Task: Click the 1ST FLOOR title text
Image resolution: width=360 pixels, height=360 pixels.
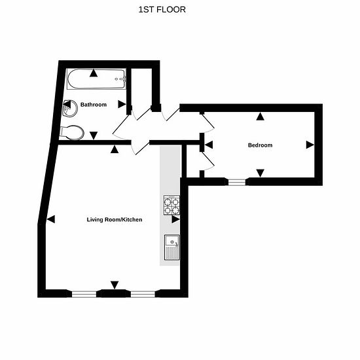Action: coord(162,9)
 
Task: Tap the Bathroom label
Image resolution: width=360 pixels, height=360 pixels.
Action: coord(94,105)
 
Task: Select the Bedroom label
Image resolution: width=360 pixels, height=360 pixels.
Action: coord(260,145)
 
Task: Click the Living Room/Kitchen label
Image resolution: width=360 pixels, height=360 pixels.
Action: coord(115,219)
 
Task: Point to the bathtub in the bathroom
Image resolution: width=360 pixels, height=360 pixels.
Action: coord(96,79)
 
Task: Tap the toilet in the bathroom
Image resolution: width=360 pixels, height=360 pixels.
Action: coord(71,132)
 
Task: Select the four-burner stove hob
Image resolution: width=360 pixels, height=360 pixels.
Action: coord(171,205)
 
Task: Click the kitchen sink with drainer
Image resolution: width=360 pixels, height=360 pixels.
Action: coord(172,247)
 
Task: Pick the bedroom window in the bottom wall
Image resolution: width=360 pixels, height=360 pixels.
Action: coord(237,182)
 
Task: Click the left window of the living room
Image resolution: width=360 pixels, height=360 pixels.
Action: coord(84,294)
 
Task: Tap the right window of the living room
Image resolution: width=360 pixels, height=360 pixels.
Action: coord(143,294)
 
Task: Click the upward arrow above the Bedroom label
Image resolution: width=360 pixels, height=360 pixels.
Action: coord(260,117)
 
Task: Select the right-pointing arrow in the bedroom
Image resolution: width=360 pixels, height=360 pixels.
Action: coord(310,145)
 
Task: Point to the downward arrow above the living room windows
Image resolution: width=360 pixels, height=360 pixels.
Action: coord(115,285)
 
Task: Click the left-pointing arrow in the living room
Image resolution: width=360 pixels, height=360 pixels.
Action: coord(51,219)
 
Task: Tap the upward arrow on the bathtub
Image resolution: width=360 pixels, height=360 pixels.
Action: coord(94,73)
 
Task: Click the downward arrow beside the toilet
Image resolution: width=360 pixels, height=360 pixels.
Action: coord(94,135)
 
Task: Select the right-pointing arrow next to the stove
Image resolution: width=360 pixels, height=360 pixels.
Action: coord(175,219)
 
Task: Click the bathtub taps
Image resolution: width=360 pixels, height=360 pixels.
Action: coord(121,79)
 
